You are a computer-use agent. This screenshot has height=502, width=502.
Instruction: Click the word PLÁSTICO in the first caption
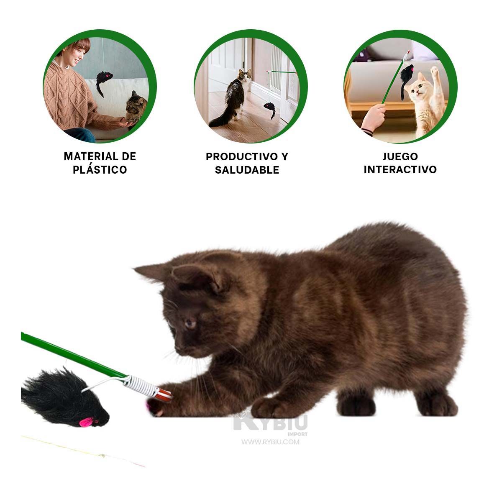tap(100, 170)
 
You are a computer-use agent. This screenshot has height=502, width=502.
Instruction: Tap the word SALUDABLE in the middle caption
tap(247, 170)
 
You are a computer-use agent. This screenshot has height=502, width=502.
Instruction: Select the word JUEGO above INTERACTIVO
tap(400, 156)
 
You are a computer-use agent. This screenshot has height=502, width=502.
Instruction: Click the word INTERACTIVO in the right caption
tap(400, 169)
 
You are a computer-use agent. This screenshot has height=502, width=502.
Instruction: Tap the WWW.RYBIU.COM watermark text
tap(270, 442)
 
